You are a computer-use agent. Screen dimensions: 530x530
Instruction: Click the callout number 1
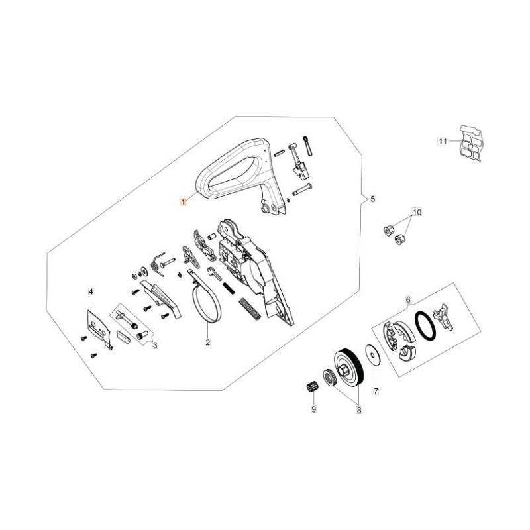click(x=184, y=203)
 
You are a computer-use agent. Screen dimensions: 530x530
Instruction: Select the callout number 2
click(x=207, y=343)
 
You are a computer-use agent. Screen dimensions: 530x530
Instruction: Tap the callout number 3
click(x=155, y=345)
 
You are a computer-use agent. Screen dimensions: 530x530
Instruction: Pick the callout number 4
click(x=91, y=291)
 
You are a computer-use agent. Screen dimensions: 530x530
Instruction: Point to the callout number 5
click(x=372, y=199)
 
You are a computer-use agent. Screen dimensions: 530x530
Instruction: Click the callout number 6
click(x=408, y=300)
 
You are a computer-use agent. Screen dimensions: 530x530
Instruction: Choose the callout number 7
click(x=376, y=391)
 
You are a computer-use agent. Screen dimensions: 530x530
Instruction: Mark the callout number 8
click(x=358, y=410)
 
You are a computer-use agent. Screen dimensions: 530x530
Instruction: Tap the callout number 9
click(x=313, y=409)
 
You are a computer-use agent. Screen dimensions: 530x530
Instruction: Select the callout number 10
click(x=417, y=212)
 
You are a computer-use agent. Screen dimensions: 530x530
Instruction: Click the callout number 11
click(x=443, y=141)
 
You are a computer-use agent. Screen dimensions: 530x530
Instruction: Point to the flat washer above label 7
click(x=373, y=355)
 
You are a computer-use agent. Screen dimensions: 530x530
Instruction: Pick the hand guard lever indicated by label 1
click(x=241, y=176)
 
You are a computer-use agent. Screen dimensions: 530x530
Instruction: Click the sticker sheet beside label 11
click(x=470, y=143)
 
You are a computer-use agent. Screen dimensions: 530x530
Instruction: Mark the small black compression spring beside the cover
click(x=229, y=288)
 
